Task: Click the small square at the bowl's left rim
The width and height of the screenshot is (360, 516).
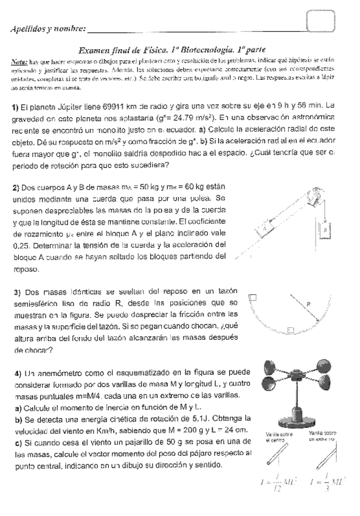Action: click(x=252, y=296)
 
